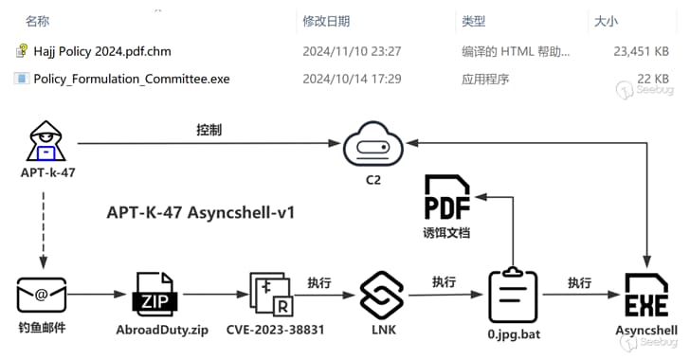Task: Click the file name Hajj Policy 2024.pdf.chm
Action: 102,51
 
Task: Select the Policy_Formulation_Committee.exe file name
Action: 131,79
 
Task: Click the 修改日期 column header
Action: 326,20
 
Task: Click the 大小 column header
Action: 604,20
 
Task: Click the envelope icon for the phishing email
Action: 42,296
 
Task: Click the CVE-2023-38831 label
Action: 275,331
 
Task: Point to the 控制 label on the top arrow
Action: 209,130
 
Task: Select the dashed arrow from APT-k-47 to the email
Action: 43,227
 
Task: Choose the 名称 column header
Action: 38,20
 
